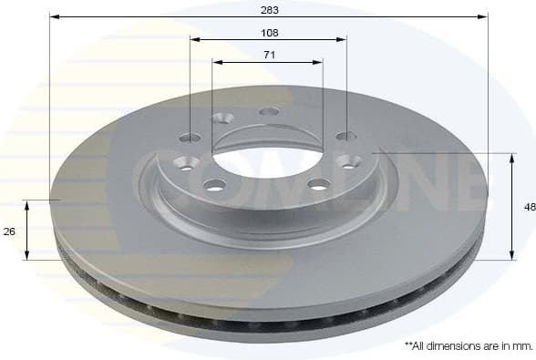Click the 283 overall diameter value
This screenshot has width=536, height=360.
269,9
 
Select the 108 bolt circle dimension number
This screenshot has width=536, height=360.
269,32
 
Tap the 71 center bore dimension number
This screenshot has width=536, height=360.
269,55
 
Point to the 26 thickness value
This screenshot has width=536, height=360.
10,231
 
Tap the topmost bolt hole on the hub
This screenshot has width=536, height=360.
269,111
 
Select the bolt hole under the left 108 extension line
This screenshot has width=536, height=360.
191,138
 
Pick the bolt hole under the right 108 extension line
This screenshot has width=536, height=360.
345,137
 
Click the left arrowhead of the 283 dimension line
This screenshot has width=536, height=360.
54,16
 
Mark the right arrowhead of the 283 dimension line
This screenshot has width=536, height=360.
484,16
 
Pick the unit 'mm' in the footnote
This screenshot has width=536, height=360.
521,346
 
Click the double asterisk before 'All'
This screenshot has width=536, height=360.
407,345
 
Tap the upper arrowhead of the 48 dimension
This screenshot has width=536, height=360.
510,157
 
